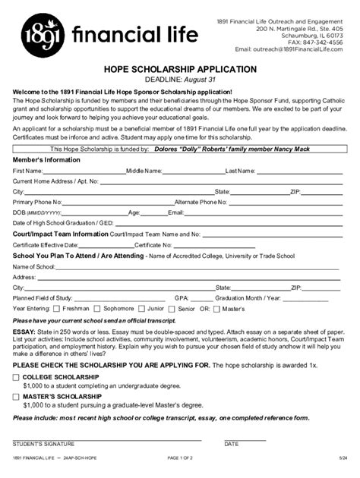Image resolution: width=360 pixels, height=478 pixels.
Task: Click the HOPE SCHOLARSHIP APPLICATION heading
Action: point(180,69)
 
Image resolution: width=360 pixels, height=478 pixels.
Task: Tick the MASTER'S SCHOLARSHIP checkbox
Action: point(17,395)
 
